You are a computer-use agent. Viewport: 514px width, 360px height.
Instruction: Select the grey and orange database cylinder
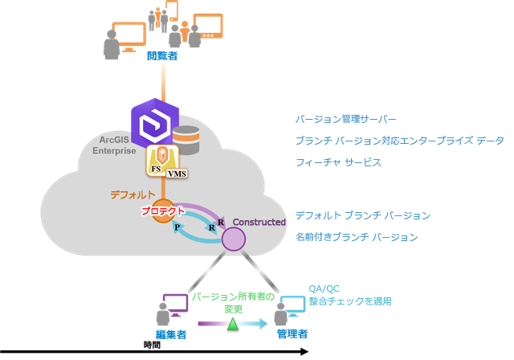[x=186, y=140]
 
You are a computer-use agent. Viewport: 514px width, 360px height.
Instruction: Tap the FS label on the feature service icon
[x=156, y=170]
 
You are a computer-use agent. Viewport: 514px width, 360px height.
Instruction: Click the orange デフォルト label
[x=133, y=194]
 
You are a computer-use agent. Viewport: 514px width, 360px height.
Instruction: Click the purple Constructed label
[x=259, y=222]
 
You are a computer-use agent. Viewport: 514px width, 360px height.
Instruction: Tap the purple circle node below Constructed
[x=233, y=239]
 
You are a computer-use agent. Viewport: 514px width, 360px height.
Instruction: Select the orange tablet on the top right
[x=208, y=27]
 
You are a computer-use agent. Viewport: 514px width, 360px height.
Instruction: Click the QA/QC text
[x=323, y=289]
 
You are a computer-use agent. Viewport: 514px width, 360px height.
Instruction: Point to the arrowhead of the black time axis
[x=304, y=351]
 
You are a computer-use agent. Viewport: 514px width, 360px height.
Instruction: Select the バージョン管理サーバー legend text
[x=345, y=119]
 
